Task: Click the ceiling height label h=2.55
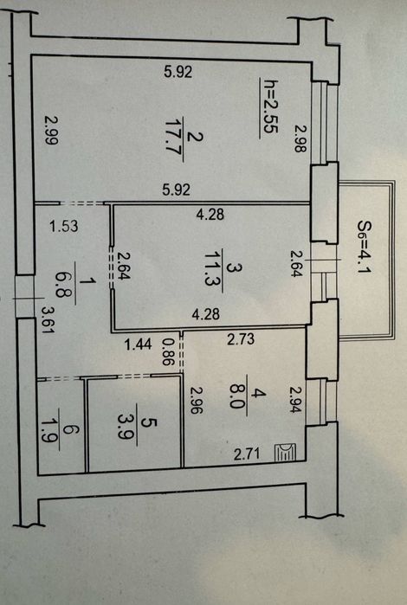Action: tap(270, 106)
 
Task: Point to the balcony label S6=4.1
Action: tap(364, 246)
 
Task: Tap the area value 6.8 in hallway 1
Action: tap(63, 284)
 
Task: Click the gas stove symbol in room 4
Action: tap(286, 452)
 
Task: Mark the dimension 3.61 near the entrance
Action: tap(48, 319)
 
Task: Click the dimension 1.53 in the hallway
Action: tap(64, 226)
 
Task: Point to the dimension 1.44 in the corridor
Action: tap(138, 344)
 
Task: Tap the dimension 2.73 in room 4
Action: tap(241, 339)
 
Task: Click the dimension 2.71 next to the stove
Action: tap(247, 454)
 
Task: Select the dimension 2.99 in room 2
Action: tap(51, 131)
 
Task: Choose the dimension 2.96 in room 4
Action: tap(196, 401)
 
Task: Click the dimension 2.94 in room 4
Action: tap(296, 400)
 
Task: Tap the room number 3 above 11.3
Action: tap(230, 267)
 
